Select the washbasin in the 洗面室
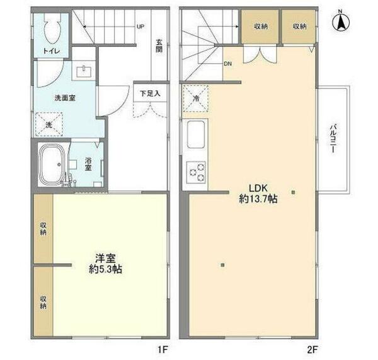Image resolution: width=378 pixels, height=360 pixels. (x=84, y=71)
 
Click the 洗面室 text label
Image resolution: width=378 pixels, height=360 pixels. (x=65, y=98)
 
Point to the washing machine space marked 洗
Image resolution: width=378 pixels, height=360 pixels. (x=48, y=124)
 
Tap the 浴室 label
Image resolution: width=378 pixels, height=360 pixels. (x=88, y=164)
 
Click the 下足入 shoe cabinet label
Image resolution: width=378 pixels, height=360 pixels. (x=150, y=93)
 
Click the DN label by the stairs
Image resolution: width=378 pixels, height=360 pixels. (x=227, y=64)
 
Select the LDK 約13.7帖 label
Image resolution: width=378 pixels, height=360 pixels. (x=258, y=192)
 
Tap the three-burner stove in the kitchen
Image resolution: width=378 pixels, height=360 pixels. (x=197, y=170)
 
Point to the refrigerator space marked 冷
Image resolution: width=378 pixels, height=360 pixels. (x=195, y=99)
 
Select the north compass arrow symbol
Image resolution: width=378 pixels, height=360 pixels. (x=340, y=22)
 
